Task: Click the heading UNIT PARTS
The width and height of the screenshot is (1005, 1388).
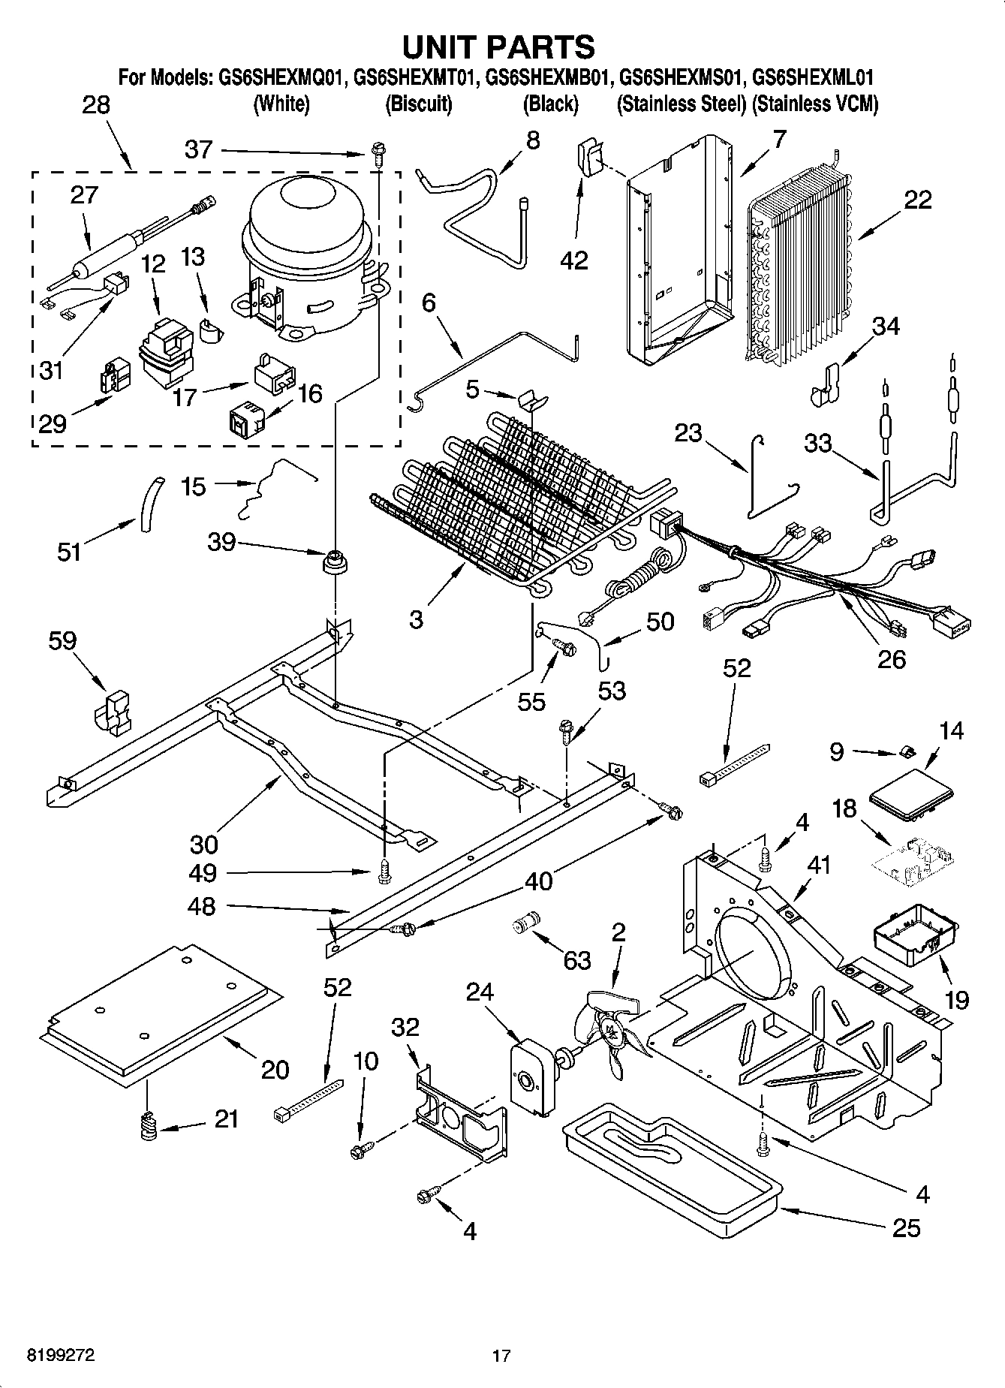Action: (x=498, y=47)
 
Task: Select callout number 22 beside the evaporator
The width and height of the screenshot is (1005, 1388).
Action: (x=918, y=200)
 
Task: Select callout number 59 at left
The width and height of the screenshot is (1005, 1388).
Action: (x=62, y=640)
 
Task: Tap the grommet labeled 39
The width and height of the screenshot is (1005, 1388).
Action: (x=335, y=562)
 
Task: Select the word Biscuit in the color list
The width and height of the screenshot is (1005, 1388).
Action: (x=418, y=104)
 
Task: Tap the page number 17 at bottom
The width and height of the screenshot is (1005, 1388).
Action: (x=501, y=1356)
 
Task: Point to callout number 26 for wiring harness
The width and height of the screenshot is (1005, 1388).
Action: (x=891, y=658)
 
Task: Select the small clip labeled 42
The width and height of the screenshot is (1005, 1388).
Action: (x=588, y=156)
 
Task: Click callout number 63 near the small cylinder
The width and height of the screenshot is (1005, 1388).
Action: (x=576, y=960)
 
